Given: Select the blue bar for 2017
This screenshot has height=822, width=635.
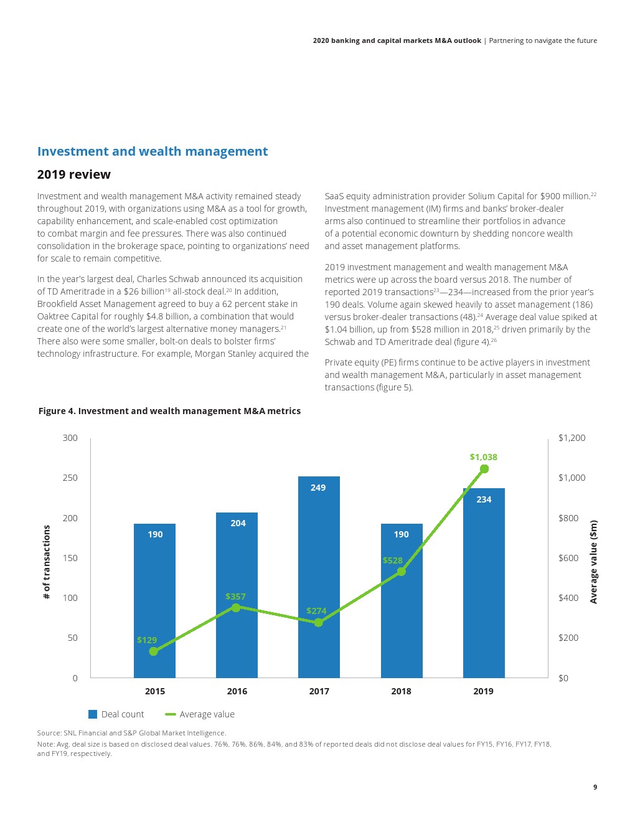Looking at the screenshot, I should [319, 579].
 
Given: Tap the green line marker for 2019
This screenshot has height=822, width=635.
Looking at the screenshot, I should [484, 469].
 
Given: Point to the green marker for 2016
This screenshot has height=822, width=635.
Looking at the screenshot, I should [235, 607].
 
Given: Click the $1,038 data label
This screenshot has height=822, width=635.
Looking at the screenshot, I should [483, 457].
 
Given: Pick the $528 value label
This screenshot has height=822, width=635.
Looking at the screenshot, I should [392, 560].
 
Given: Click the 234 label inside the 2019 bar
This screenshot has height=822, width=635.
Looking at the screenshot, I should [484, 499].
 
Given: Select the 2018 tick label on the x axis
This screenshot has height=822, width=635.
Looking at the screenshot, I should [401, 691].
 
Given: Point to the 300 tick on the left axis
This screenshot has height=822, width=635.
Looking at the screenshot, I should [70, 438].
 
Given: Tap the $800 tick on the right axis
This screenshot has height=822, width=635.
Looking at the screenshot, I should [568, 518].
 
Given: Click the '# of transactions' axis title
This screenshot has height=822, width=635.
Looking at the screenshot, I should [47, 562].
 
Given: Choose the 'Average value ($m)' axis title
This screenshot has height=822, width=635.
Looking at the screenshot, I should [593, 562].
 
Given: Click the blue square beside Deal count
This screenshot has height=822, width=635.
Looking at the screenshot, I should [93, 714].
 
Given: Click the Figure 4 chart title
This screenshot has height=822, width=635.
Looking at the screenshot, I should [169, 411].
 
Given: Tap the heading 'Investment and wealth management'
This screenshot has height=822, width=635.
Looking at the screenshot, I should [153, 151].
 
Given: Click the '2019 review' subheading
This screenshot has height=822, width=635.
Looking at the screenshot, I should [73, 174].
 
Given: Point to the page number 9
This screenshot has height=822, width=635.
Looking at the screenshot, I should [595, 787].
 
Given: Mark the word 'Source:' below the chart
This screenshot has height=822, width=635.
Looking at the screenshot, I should [49, 733].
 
